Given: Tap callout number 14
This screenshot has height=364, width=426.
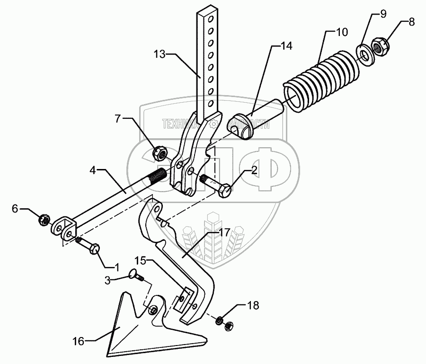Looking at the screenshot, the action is click(x=286, y=46).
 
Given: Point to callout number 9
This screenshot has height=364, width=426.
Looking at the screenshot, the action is click(x=382, y=14).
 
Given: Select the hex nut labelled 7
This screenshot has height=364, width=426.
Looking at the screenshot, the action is click(x=158, y=152).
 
